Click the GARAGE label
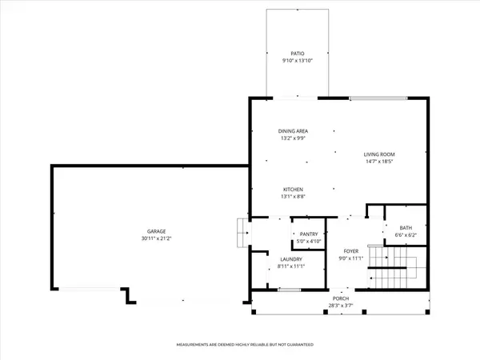146,233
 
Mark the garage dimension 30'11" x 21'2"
146,240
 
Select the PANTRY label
309,234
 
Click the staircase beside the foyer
392,268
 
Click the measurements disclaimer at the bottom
244,344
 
